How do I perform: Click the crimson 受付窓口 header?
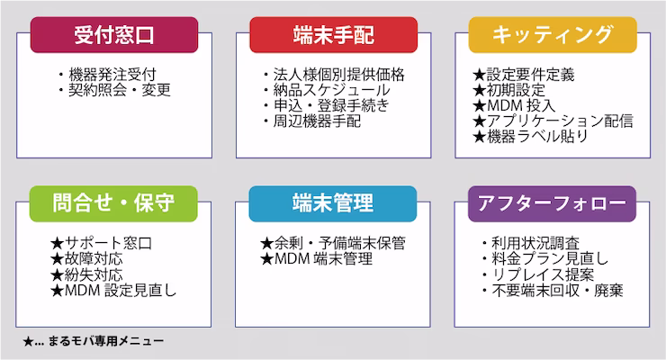coord(114,35)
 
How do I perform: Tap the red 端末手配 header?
coord(333,35)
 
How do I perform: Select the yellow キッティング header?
coord(553,35)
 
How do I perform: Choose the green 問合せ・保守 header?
coord(113,203)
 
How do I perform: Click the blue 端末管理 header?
coord(333,203)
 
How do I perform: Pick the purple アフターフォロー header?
coord(552,203)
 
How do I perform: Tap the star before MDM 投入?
coord(479,105)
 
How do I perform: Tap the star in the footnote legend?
coord(28,341)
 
